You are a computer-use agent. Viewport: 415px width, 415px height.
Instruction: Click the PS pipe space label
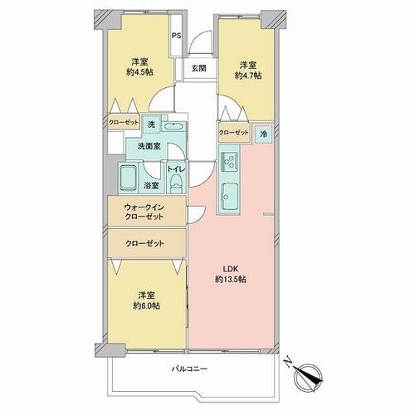click(x=176, y=36)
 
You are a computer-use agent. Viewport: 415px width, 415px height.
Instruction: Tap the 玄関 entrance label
click(x=199, y=68)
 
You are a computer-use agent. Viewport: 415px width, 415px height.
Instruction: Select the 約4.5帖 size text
click(x=139, y=72)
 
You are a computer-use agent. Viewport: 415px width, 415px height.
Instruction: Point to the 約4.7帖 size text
click(x=248, y=76)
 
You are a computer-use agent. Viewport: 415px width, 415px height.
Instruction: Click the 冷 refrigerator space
click(x=264, y=134)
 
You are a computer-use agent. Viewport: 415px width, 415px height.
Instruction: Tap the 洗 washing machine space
click(x=151, y=124)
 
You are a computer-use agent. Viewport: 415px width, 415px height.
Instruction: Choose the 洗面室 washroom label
click(x=149, y=146)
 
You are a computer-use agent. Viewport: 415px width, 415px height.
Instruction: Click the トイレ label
click(x=176, y=169)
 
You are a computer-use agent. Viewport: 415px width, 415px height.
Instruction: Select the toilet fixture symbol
click(x=176, y=184)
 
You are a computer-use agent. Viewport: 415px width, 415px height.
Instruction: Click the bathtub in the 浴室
click(x=128, y=178)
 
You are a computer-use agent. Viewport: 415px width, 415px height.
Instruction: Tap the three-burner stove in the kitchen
click(x=229, y=162)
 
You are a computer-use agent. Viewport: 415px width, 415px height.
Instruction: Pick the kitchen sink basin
click(x=229, y=195)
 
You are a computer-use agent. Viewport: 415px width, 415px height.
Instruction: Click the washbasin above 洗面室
click(x=173, y=127)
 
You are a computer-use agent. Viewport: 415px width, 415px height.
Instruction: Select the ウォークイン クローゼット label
click(x=144, y=212)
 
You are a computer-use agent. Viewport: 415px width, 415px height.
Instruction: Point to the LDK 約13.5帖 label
click(x=231, y=274)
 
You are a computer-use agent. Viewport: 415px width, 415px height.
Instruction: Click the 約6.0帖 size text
click(x=146, y=305)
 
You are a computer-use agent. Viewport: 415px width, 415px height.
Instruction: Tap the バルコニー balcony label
click(x=189, y=369)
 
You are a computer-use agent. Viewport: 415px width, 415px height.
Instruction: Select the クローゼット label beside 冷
click(x=234, y=133)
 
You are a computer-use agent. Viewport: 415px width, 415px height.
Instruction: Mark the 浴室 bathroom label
click(x=151, y=185)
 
